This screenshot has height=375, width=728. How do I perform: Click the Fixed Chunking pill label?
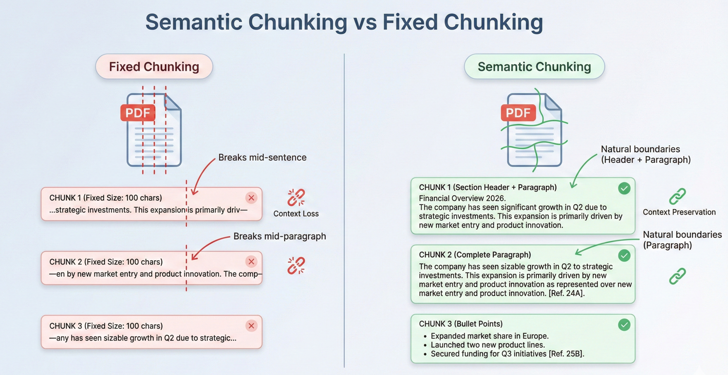coord(154,67)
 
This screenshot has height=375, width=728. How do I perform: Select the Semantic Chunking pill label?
coord(534,67)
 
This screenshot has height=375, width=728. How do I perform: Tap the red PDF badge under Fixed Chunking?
coord(138,113)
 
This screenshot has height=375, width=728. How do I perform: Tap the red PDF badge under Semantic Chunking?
coord(518,113)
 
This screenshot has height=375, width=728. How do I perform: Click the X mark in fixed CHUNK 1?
coord(251,197)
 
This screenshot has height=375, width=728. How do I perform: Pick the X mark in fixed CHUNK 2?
coord(251,262)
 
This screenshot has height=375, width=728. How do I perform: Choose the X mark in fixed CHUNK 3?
coord(251,326)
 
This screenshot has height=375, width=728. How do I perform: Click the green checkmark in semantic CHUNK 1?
coord(624,188)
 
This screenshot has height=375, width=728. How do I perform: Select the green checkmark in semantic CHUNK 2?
coord(624,256)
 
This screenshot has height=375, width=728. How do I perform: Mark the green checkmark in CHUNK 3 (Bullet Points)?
coord(624,325)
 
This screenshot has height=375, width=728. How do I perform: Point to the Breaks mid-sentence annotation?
coord(262,158)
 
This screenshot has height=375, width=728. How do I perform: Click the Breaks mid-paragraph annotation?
coord(280,236)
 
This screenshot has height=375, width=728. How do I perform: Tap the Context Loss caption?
coord(296,214)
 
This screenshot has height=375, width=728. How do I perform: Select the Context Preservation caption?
coord(679,212)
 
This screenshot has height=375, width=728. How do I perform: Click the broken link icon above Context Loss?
coord(296,197)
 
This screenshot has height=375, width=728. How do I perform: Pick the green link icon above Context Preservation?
coord(677,196)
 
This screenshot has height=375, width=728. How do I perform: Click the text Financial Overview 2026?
coord(462,198)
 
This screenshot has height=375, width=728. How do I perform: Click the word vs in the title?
coord(365,22)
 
